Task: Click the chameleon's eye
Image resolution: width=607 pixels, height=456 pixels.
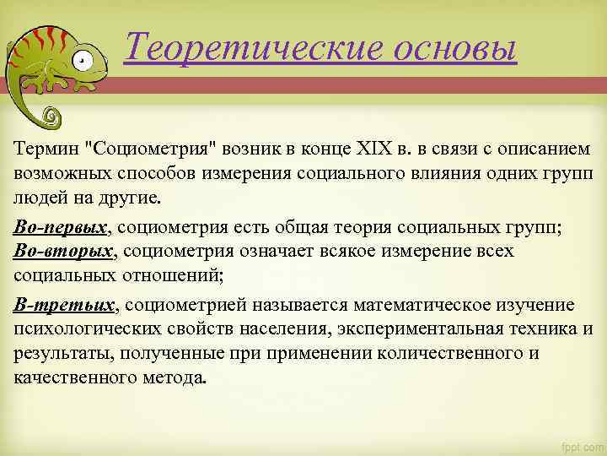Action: pos(81,60)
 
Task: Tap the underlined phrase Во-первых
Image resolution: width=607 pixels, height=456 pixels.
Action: pos(62,229)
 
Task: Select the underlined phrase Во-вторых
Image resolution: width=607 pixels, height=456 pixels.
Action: pos(63,251)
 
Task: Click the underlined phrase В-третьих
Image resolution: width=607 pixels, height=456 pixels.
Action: pos(64,304)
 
